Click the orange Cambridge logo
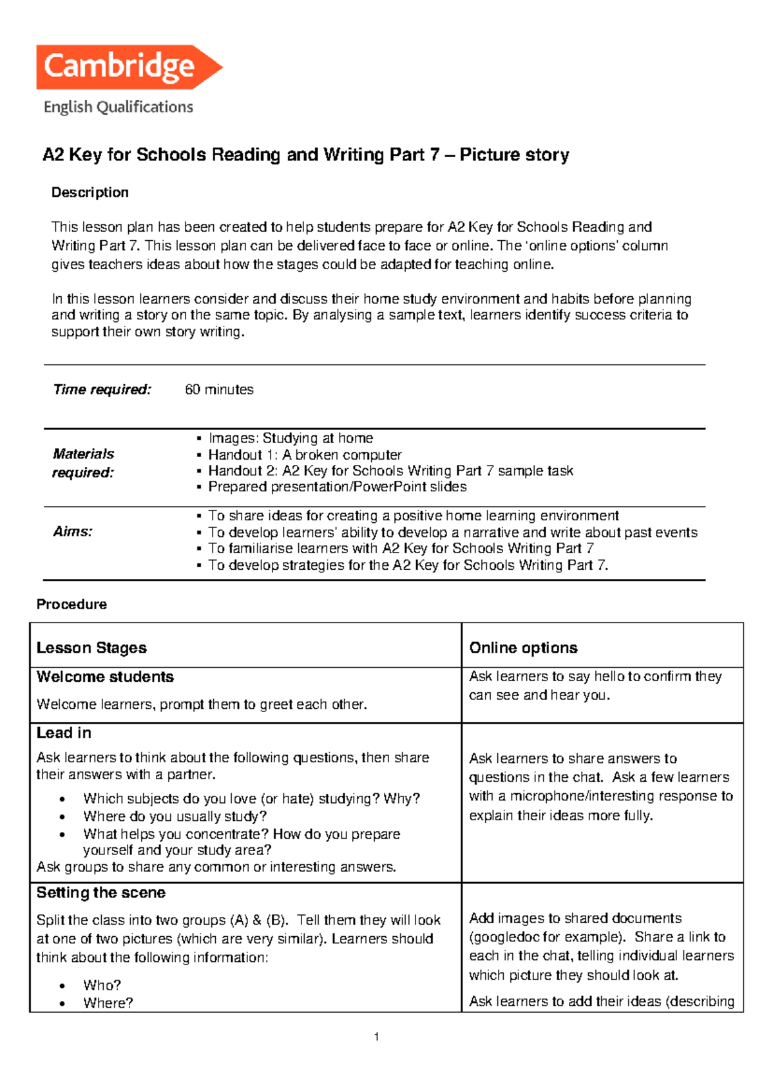(129, 66)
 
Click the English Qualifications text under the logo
(119, 107)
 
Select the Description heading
(90, 193)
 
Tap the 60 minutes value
(219, 390)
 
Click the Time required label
(102, 390)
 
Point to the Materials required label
(83, 463)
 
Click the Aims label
(72, 532)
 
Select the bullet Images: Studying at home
(291, 438)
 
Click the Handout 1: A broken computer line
(305, 455)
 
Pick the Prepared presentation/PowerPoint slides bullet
(337, 487)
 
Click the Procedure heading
(72, 605)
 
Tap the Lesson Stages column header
(91, 648)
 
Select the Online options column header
(523, 648)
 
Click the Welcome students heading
(105, 677)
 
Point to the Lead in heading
(64, 733)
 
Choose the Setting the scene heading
(101, 892)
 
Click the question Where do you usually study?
(175, 816)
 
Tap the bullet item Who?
(102, 985)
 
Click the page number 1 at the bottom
(376, 1037)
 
